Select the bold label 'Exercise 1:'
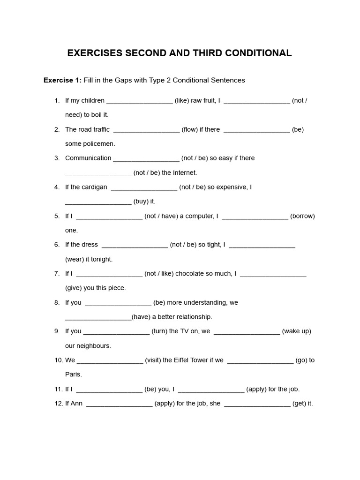click(x=62, y=80)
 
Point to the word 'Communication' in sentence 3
click(x=88, y=158)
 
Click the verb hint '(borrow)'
click(x=302, y=216)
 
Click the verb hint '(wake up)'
click(x=296, y=331)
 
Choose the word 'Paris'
click(x=73, y=375)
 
